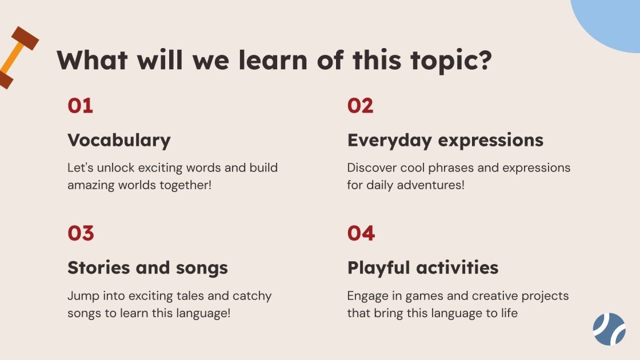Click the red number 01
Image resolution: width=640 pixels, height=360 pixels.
tap(80, 106)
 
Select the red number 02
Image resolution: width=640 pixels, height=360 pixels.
tap(360, 106)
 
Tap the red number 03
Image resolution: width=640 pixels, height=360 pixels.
tap(81, 234)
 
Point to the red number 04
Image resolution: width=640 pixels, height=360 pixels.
tap(361, 234)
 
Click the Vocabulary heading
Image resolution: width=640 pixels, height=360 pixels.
tap(119, 141)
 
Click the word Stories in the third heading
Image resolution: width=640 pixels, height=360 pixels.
tap(96, 267)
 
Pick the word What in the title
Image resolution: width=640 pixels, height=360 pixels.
tap(92, 60)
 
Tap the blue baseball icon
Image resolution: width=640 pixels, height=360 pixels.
tap(609, 329)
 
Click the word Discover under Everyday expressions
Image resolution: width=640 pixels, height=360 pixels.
tap(371, 168)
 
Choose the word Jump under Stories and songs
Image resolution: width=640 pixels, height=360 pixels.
tap(83, 296)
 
